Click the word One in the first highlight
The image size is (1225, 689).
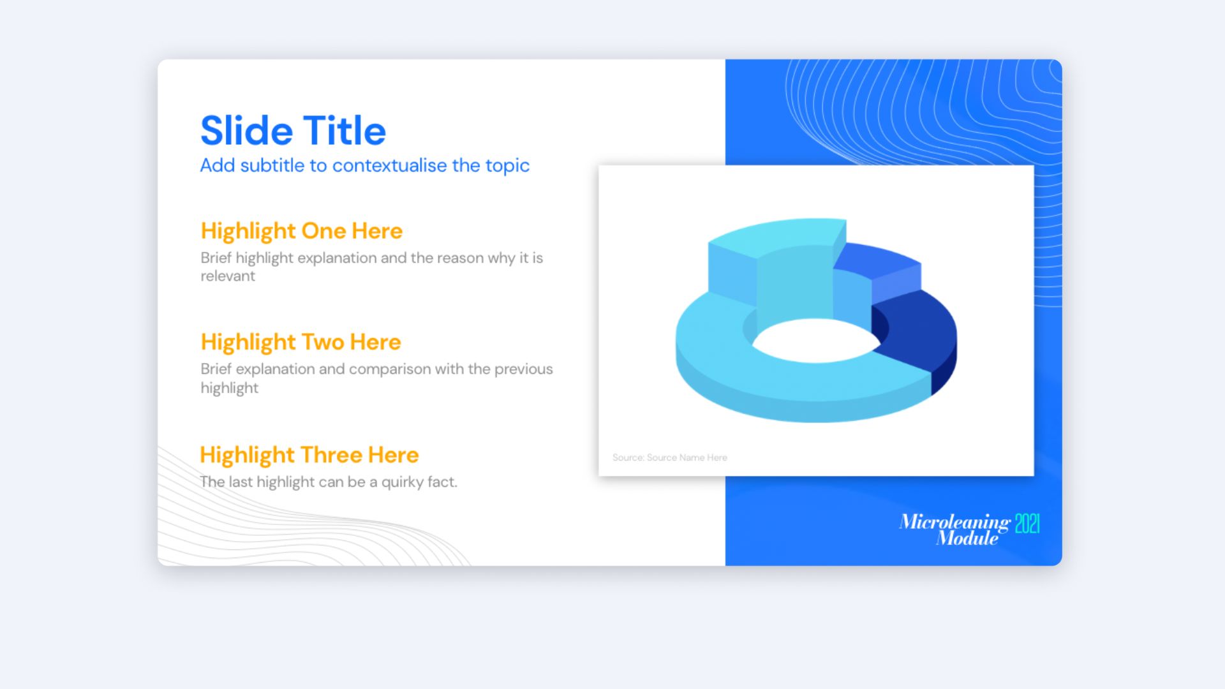[323, 231]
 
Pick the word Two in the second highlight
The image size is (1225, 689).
[322, 342]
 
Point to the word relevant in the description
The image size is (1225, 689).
[228, 276]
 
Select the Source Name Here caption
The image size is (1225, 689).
[670, 457]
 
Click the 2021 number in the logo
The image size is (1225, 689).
[1027, 524]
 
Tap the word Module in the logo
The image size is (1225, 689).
[967, 538]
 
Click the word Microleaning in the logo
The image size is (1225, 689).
[955, 522]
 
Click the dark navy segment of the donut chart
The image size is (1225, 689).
[919, 338]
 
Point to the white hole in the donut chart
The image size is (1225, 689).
[815, 341]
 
